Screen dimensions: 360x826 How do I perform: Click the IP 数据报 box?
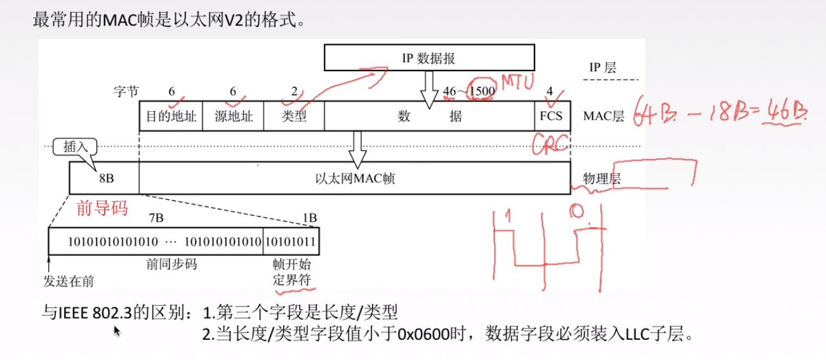point(429,58)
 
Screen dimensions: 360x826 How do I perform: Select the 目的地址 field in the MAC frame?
point(171,116)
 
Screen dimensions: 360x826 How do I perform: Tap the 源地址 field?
point(234,116)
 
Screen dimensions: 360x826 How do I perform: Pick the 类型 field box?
point(294,116)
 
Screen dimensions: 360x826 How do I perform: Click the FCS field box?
point(552,116)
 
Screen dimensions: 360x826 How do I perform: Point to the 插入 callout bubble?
point(76,147)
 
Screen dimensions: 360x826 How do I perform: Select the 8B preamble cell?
point(105,178)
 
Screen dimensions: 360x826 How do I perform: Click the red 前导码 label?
point(102,208)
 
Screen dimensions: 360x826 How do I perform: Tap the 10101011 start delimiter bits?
point(291,242)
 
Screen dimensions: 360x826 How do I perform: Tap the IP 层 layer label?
point(603,67)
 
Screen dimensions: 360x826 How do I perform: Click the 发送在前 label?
point(68,280)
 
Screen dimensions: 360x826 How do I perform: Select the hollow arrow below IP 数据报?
point(429,86)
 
